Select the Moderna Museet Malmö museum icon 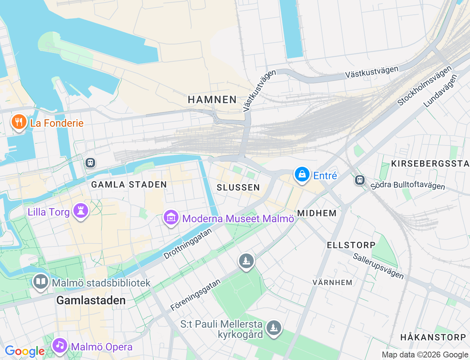pos(171,218)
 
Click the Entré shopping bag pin pos(302,175)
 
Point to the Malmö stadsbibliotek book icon pos(40,282)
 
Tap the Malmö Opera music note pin pos(59,346)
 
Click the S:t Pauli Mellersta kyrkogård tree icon pos(273,328)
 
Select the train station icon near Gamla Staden pos(90,162)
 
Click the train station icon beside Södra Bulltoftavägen pos(359,180)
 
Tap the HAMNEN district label pos(212,100)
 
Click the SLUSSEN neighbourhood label pos(238,188)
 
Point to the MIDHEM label pos(317,213)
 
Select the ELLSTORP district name pos(351,245)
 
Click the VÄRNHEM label pos(332,282)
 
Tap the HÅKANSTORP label pos(433,337)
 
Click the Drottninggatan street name pos(188,244)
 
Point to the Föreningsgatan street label pos(195,295)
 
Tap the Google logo pos(24,352)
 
